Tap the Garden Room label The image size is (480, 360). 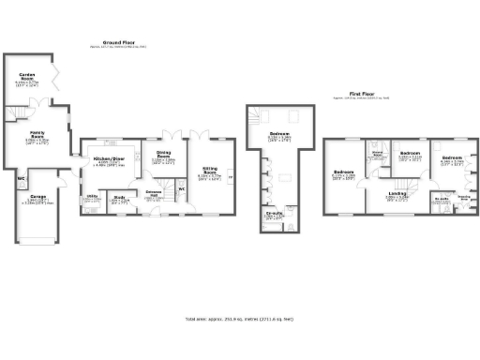pos(27,79)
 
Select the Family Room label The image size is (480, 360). pos(36,137)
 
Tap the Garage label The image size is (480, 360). pos(37,197)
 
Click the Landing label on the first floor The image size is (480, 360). pos(397,194)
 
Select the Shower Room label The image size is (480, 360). pos(378,155)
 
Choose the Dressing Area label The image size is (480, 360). pos(463,196)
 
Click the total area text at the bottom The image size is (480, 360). pos(239,320)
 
